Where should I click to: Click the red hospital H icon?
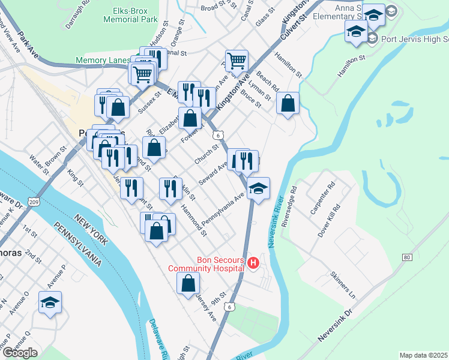[254, 263]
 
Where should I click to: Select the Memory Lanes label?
[103, 61]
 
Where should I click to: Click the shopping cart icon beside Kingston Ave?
[237, 61]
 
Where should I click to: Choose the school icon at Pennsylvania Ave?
[258, 189]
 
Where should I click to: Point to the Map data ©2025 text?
[423, 355]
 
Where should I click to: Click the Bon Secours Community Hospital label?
[206, 264]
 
